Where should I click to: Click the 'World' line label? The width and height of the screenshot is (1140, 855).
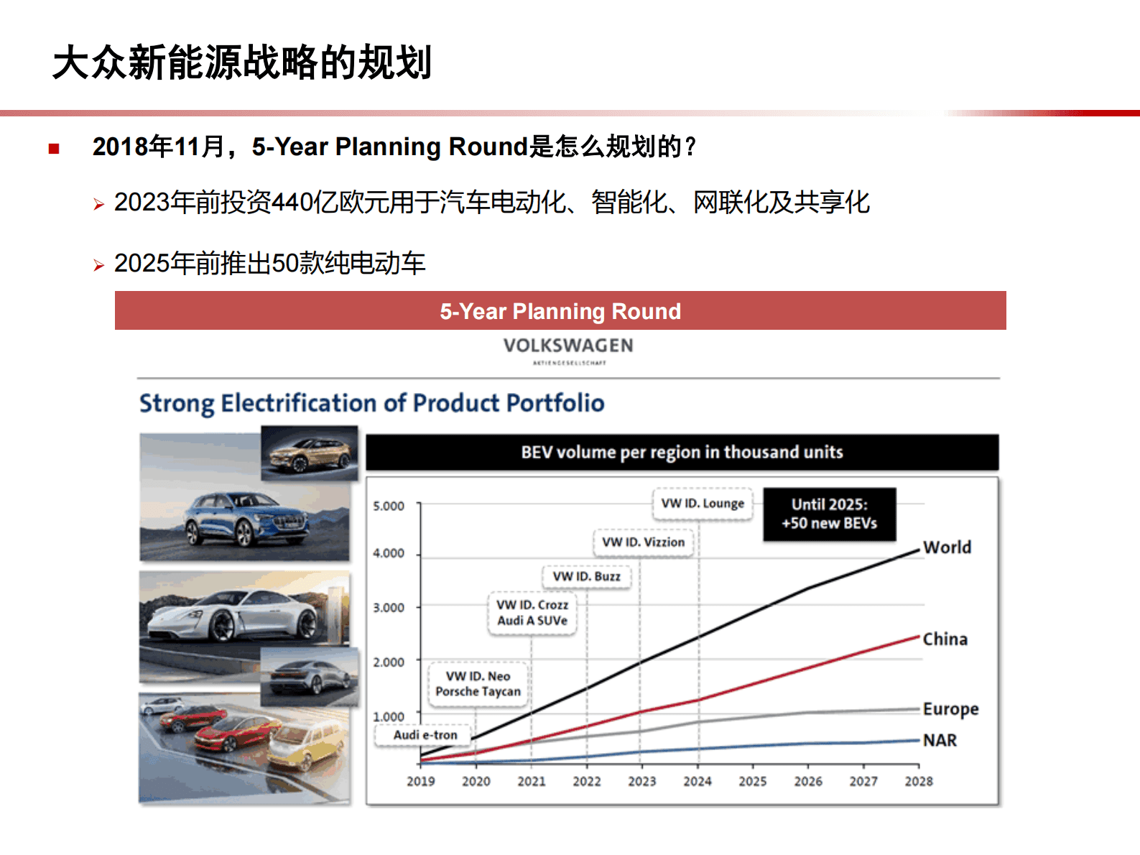(x=947, y=547)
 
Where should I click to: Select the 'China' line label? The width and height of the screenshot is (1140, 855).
(x=945, y=639)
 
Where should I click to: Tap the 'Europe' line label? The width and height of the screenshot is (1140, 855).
(x=950, y=709)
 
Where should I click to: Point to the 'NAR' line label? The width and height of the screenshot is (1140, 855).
(x=940, y=740)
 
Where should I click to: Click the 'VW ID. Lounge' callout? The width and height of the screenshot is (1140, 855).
(x=703, y=503)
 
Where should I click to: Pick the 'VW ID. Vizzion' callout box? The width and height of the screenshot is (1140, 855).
(x=643, y=542)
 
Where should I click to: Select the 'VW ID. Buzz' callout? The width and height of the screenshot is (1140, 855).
(x=586, y=576)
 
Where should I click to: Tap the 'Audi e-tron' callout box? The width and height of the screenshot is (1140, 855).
(x=425, y=735)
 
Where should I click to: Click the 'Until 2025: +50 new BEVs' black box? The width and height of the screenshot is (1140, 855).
(x=829, y=514)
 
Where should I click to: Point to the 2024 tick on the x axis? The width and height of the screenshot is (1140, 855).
(x=697, y=781)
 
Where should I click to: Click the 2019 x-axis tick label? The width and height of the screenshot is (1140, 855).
(x=420, y=781)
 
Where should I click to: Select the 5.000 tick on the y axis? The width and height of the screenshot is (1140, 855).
(x=389, y=506)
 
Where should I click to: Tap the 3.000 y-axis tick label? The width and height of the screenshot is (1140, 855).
(x=389, y=607)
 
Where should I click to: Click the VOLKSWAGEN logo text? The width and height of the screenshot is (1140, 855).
(x=568, y=346)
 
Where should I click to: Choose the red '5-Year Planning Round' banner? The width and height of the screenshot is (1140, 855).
(x=560, y=311)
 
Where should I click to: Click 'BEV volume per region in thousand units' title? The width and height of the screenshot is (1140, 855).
(x=682, y=452)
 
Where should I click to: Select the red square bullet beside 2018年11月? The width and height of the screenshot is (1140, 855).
(x=54, y=149)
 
